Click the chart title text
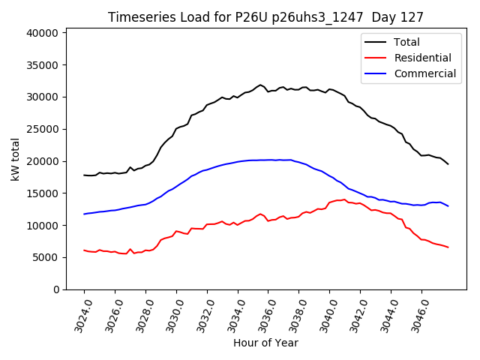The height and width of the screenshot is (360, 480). pos(265,17)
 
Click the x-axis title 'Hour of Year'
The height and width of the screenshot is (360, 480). pos(265,343)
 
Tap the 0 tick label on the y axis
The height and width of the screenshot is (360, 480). pos(55,289)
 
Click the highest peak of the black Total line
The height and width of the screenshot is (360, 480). pos(260,85)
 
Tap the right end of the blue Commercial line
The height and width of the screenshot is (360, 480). pos(448,205)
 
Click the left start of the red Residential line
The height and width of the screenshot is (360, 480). pos(84,250)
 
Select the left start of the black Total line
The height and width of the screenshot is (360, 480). pos(84,175)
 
